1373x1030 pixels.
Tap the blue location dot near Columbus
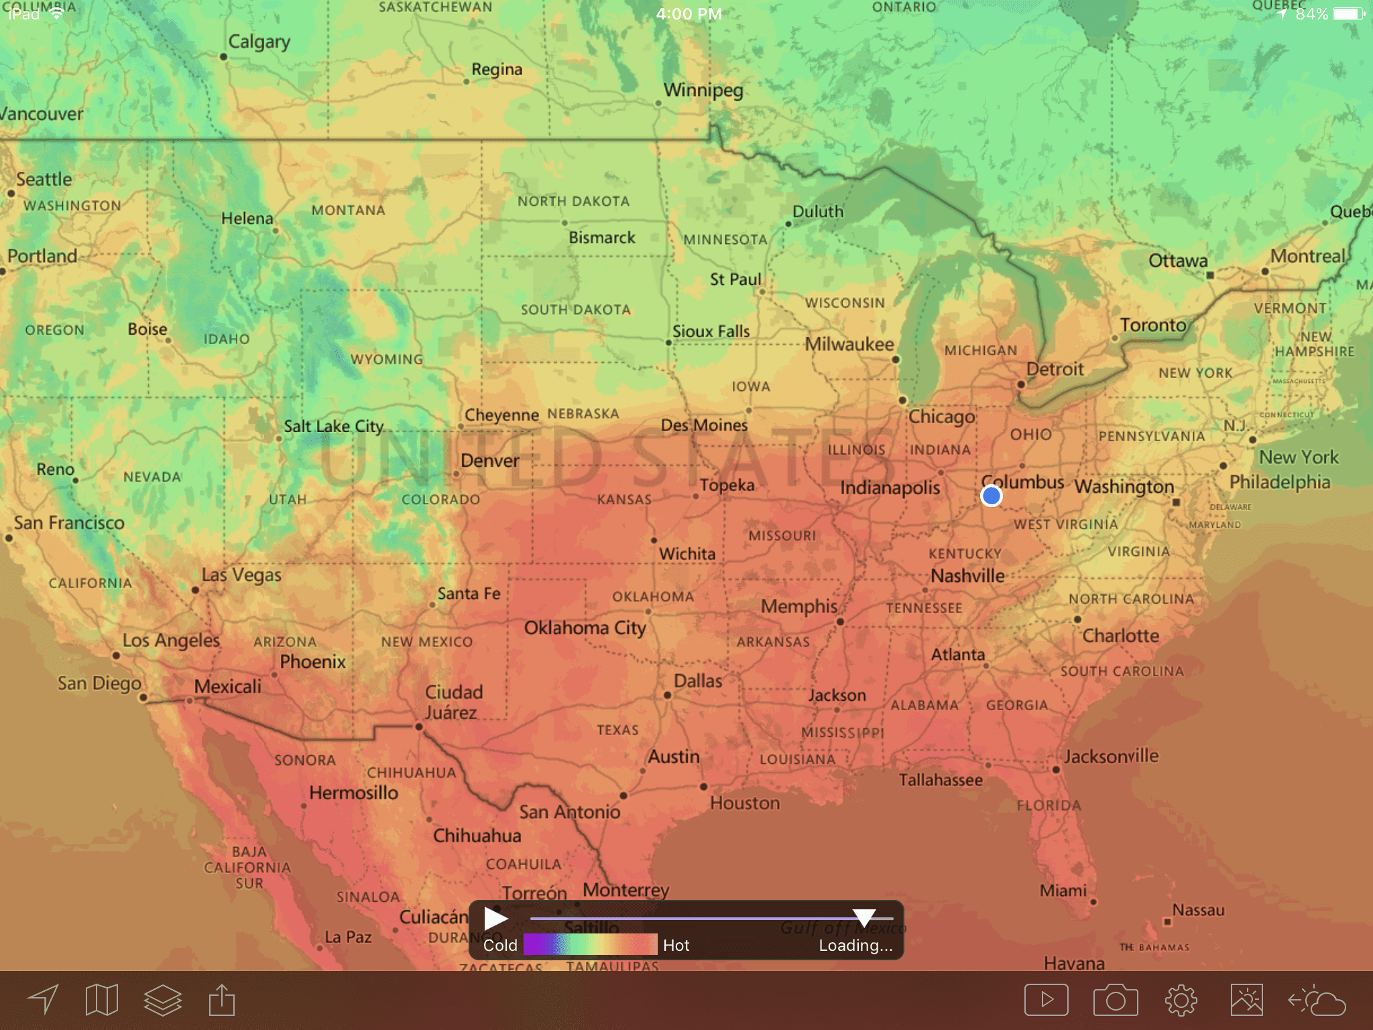click(991, 496)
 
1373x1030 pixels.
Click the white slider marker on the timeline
click(864, 917)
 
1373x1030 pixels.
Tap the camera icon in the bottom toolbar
click(1116, 1000)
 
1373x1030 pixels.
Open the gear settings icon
click(1181, 1000)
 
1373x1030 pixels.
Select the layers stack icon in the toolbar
click(163, 1000)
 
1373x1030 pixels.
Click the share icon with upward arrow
click(222, 1000)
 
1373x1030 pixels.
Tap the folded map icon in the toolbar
click(102, 1000)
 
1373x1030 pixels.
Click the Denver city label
click(490, 461)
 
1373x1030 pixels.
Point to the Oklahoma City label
click(585, 628)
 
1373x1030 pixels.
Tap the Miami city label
click(1063, 891)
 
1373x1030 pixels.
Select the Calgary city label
click(259, 42)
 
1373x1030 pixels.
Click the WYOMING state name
click(387, 359)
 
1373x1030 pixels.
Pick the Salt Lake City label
click(333, 426)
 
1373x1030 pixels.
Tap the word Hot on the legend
click(676, 946)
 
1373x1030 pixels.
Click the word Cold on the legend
click(500, 946)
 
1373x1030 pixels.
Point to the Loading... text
click(855, 946)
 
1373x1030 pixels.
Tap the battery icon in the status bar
click(1348, 13)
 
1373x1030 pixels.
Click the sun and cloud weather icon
click(1317, 1000)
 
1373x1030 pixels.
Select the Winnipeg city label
click(703, 90)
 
